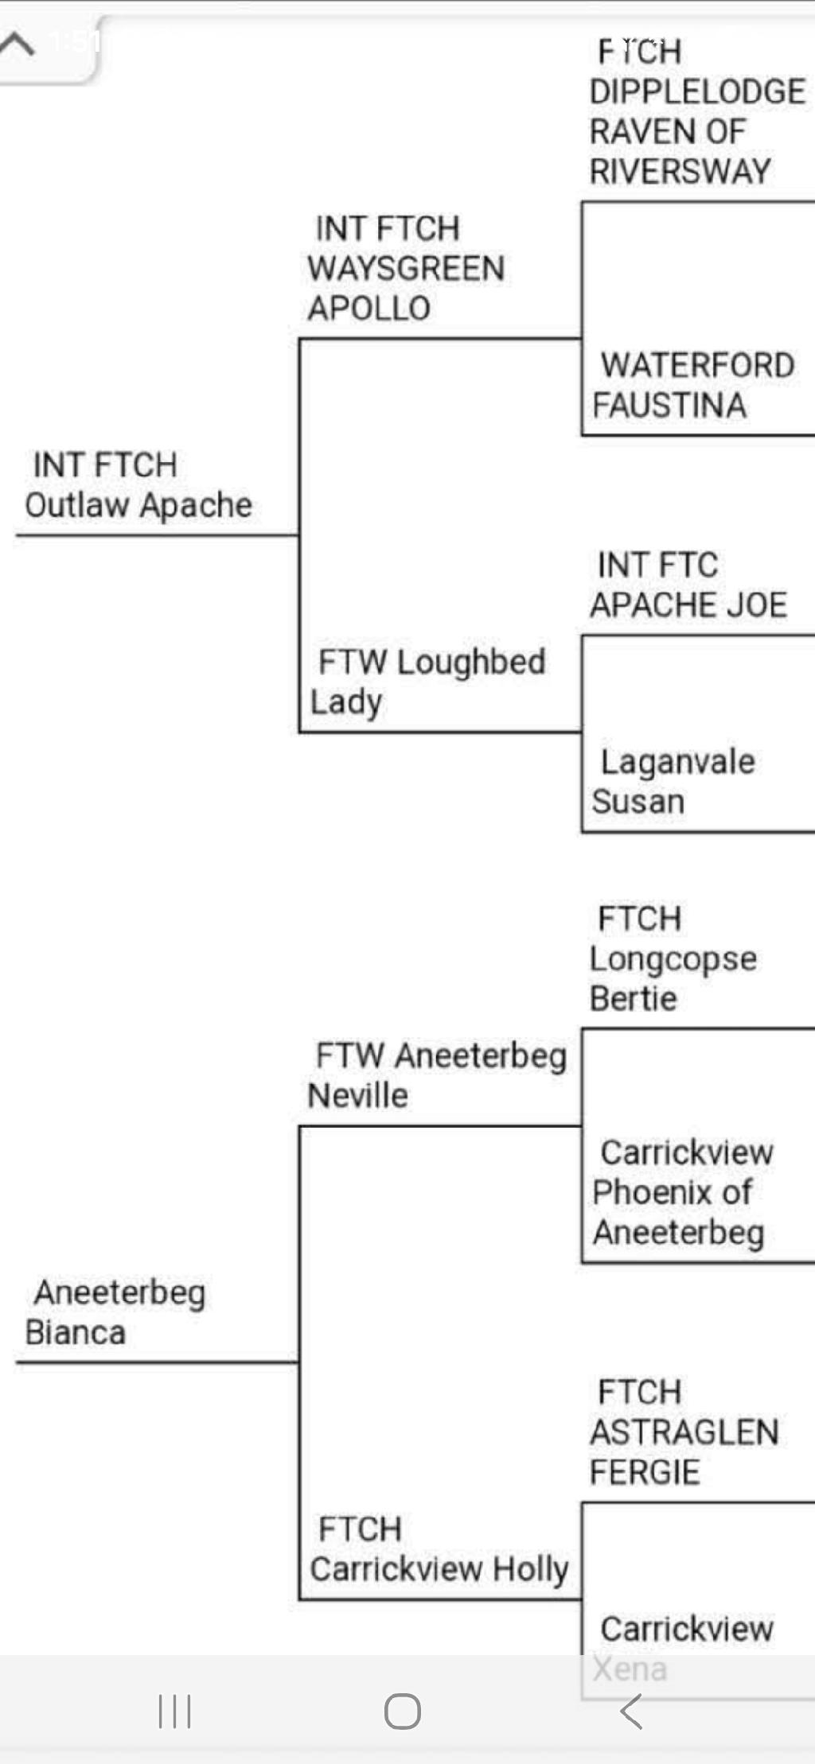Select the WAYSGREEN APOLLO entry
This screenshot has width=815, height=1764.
click(x=406, y=269)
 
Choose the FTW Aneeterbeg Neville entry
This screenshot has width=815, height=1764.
click(x=438, y=1075)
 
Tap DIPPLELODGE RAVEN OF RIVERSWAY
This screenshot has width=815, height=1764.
click(x=697, y=111)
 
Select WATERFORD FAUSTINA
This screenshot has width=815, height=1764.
click(x=692, y=386)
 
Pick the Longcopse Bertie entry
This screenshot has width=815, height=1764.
click(x=673, y=959)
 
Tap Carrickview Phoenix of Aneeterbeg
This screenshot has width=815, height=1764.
click(x=680, y=1192)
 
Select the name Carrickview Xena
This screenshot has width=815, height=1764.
click(x=684, y=1646)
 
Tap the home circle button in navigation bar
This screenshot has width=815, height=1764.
click(x=403, y=1711)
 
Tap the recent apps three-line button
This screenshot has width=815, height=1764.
click(x=174, y=1711)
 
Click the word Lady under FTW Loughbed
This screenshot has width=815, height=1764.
click(x=346, y=702)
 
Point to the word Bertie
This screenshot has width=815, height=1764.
click(x=634, y=999)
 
